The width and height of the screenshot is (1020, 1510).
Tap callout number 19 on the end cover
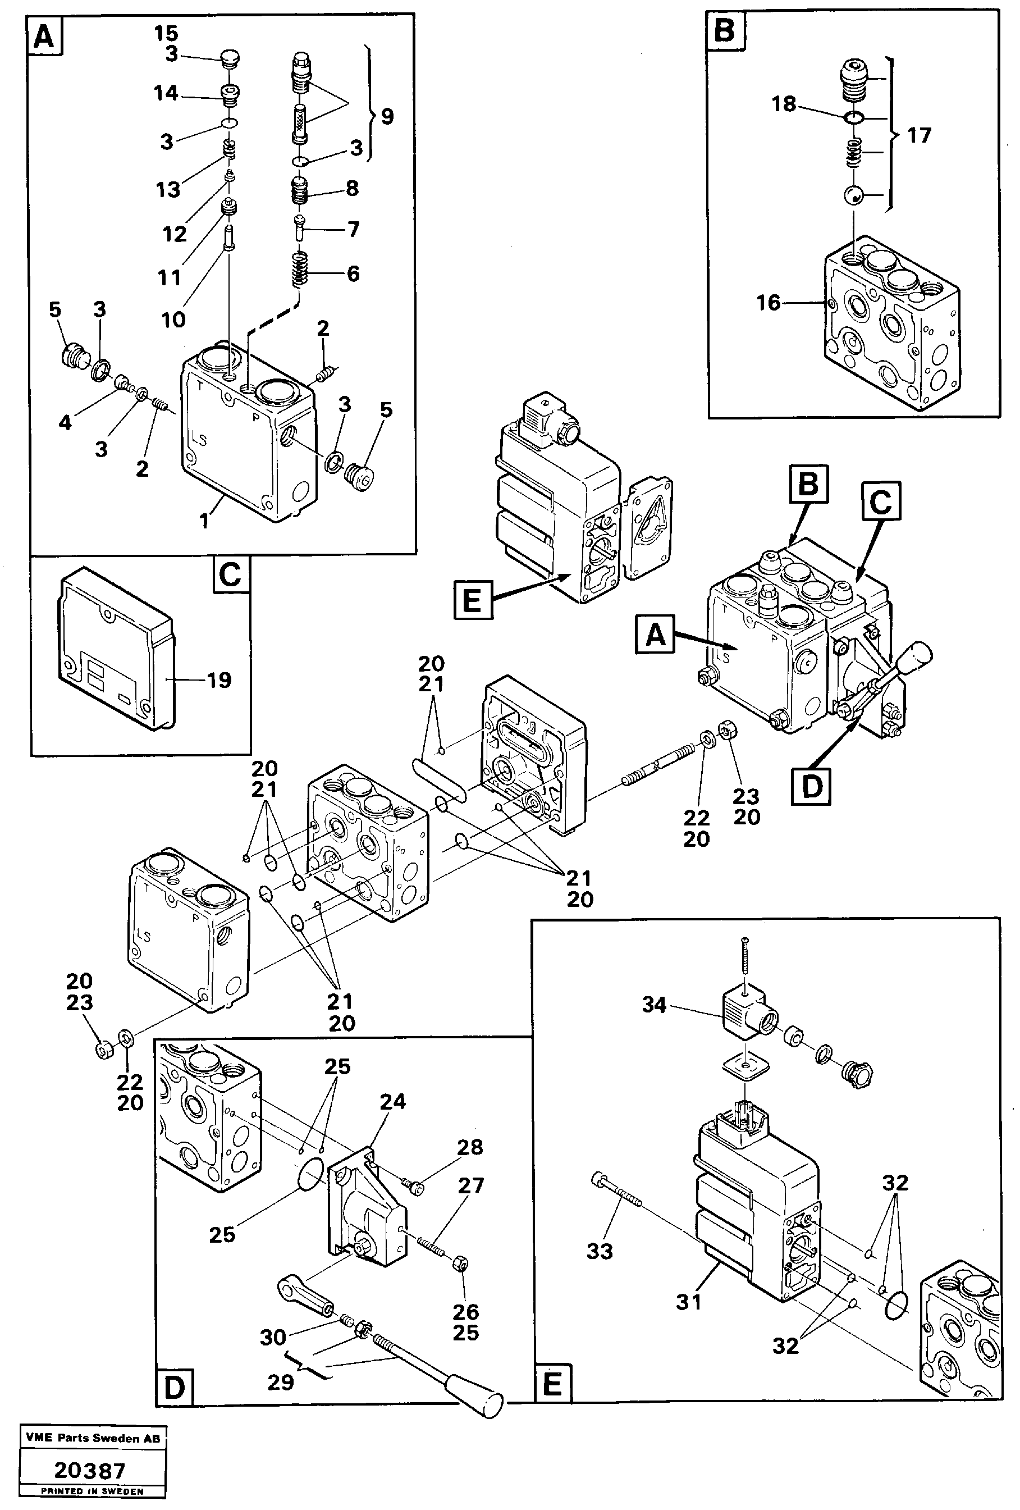pos(219,679)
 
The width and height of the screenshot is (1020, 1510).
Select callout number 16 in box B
pos(769,302)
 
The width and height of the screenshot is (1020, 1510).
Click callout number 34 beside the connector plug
pos(653,1005)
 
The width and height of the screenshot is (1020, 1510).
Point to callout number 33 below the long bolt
pos(599,1251)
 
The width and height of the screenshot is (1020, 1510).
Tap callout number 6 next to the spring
pos(353,273)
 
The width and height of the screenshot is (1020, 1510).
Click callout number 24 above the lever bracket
pos(392,1101)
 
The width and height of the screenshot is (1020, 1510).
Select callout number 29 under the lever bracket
pos(281,1382)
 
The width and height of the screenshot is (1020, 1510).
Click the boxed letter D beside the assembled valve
pos(811,786)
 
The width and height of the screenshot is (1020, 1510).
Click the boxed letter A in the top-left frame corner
pos(44,37)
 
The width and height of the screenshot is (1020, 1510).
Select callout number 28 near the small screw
pos(470,1147)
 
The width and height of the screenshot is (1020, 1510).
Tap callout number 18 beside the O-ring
pos(784,103)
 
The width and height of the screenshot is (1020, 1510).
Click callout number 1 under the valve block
pos(204,521)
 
